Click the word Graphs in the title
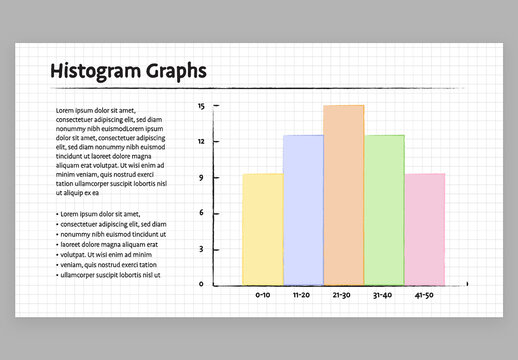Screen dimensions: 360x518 click(x=175, y=71)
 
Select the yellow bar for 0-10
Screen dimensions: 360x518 click(x=262, y=229)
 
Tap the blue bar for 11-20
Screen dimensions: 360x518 click(x=303, y=210)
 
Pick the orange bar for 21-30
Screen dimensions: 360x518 click(x=343, y=195)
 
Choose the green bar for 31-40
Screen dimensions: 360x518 click(x=384, y=210)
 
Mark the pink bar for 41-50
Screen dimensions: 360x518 click(x=425, y=229)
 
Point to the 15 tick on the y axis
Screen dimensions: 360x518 click(x=201, y=105)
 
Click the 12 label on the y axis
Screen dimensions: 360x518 click(x=201, y=141)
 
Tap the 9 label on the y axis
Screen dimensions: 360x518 click(x=201, y=177)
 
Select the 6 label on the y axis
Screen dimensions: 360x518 click(x=201, y=213)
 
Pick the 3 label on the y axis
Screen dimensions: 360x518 click(x=201, y=249)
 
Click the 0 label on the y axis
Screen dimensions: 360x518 click(x=201, y=284)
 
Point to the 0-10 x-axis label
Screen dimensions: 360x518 click(x=262, y=296)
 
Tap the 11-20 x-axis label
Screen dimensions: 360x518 click(x=302, y=296)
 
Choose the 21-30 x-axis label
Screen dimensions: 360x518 click(x=342, y=296)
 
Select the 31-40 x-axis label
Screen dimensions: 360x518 click(x=383, y=296)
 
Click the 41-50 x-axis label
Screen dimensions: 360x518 click(x=424, y=296)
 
